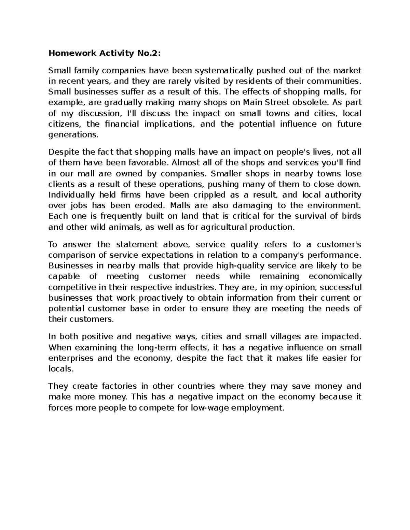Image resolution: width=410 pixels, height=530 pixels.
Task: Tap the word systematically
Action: (224, 71)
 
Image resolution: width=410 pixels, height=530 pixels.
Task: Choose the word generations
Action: (73, 134)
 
